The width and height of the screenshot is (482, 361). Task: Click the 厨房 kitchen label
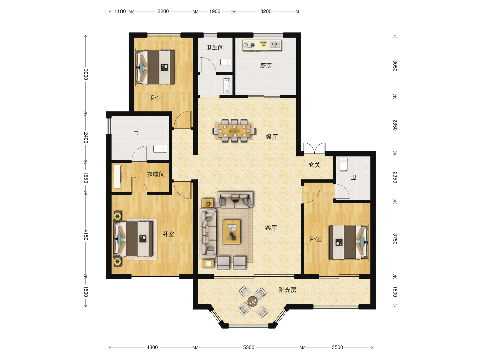pos(266,66)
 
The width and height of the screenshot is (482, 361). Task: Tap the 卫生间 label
pos(215,47)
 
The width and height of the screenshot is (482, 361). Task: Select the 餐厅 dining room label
pos(272,137)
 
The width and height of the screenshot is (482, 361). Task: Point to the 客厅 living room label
pos(271,228)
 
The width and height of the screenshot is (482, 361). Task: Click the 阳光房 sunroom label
pos(288,290)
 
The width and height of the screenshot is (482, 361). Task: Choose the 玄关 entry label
pos(314,165)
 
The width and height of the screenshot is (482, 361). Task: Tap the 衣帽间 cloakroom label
pos(156,174)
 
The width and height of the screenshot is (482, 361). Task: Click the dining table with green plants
pos(234,131)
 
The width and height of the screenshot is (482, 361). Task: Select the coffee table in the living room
pos(231,232)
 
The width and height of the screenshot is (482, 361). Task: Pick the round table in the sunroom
pos(252,301)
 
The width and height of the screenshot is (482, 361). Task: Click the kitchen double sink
pos(275,45)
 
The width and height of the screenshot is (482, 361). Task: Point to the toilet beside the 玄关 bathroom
pos(343,164)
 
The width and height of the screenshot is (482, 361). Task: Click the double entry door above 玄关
pos(314,148)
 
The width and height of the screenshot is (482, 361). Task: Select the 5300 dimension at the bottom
pos(249,347)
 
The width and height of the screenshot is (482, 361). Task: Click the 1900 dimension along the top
pos(215,11)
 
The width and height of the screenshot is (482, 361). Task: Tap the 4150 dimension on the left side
pos(86,235)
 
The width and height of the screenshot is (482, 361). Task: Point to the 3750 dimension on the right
pos(395,239)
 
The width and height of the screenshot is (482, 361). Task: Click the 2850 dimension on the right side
pos(395,125)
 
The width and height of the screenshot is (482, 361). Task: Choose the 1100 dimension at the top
pos(120,11)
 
